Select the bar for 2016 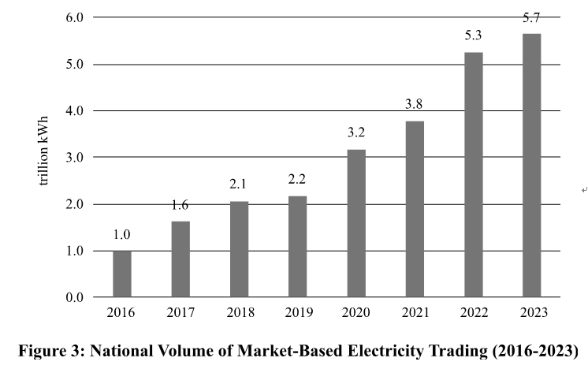122,274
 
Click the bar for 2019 297,246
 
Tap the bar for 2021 415,209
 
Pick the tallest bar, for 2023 531,166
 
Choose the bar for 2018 239,249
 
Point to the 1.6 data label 180,206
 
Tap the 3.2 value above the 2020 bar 356,133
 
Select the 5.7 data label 531,17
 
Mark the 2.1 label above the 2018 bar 239,184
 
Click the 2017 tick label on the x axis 180,312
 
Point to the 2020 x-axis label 356,312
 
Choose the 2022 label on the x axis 473,312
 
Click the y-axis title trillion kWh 45,158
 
